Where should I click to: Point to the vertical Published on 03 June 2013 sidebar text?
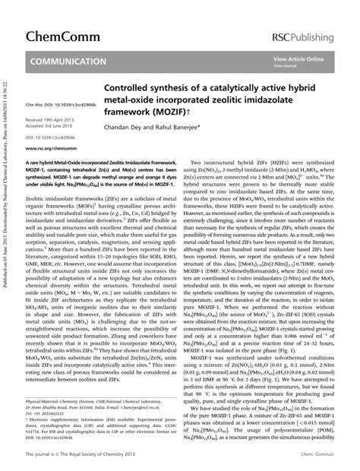point(7,235)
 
